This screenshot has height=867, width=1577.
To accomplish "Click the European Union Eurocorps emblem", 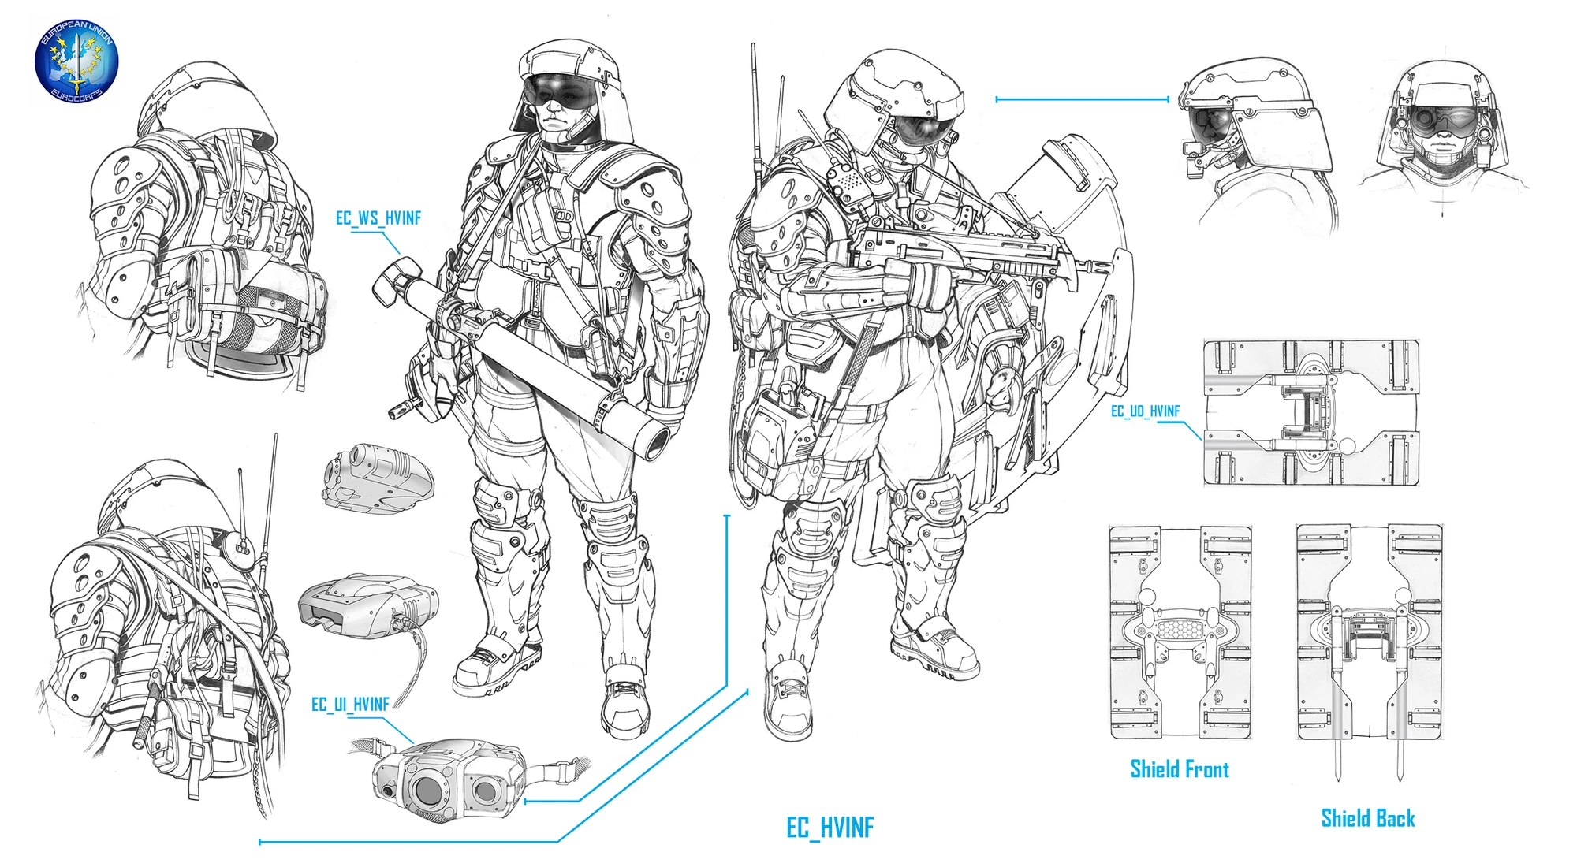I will click(x=76, y=62).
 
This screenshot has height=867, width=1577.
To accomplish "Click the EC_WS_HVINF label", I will click(x=378, y=218).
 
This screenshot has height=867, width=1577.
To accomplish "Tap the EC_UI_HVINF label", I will click(x=350, y=704).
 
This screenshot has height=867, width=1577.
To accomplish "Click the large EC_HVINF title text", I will click(x=830, y=827).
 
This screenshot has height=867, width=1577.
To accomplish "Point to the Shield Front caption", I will click(x=1179, y=769).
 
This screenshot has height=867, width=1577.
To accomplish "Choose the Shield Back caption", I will click(x=1367, y=818).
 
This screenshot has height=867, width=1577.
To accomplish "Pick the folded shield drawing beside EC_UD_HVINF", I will click(x=1310, y=412).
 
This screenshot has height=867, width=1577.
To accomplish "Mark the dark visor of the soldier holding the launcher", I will click(x=560, y=88).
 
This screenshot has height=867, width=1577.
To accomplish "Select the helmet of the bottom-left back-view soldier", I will click(x=162, y=493).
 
